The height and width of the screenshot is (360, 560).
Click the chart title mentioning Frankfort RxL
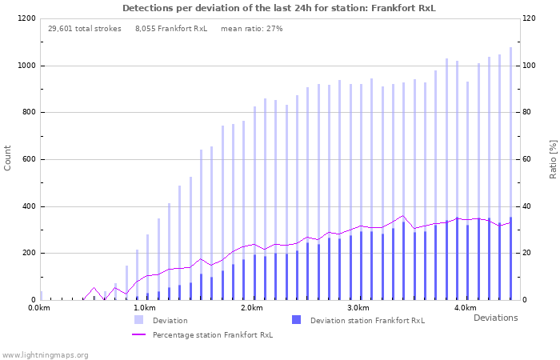(279, 8)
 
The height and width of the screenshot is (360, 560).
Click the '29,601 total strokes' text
(85, 29)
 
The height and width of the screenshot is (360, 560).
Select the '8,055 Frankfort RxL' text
(171, 29)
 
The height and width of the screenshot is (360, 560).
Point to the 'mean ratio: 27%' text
(251, 29)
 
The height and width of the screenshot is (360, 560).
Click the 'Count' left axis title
(8, 158)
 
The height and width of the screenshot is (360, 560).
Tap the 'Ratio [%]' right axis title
(552, 158)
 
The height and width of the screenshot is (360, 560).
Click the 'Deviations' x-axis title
(495, 318)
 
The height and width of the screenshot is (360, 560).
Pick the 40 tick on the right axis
(529, 206)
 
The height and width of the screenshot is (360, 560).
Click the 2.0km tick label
(252, 308)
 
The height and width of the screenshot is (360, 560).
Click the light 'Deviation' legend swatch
(138, 320)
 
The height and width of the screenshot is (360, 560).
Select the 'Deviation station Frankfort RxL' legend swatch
(296, 320)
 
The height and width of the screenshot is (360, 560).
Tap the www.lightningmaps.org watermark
(46, 354)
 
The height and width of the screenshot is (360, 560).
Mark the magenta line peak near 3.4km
(403, 215)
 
